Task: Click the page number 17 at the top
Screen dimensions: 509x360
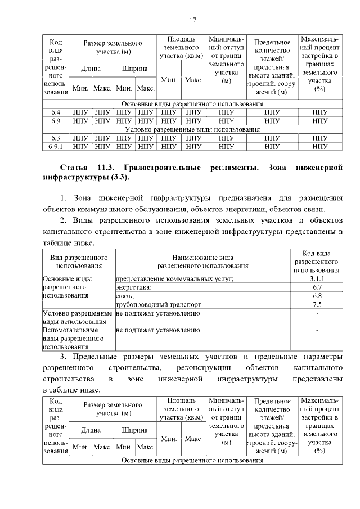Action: [192, 21]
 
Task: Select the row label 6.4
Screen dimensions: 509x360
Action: [55, 112]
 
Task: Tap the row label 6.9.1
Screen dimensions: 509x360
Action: [55, 146]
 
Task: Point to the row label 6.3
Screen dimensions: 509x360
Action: [55, 138]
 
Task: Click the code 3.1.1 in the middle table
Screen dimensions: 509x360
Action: [317, 279]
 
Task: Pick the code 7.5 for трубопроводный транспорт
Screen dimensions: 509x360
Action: [317, 304]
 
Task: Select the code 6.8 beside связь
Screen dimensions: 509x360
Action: [317, 296]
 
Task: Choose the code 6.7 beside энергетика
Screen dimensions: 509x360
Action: [317, 287]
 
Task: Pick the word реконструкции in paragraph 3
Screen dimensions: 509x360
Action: [204, 368]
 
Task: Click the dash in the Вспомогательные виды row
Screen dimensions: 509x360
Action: [317, 330]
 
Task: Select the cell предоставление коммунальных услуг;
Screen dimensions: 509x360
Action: [174, 279]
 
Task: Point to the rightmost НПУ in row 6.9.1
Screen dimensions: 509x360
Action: [319, 146]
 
